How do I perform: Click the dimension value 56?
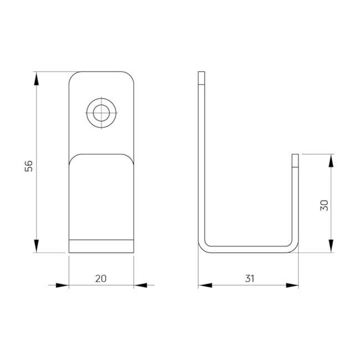click(29, 166)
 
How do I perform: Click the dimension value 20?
click(101, 279)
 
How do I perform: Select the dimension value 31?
click(250, 279)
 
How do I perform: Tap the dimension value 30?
click(324, 205)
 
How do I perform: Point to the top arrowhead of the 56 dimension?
click(36, 79)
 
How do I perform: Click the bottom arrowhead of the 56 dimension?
click(36, 246)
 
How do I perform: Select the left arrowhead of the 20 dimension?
click(62, 285)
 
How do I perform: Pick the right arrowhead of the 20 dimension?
click(141, 285)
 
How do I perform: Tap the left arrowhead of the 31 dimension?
click(205, 285)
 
